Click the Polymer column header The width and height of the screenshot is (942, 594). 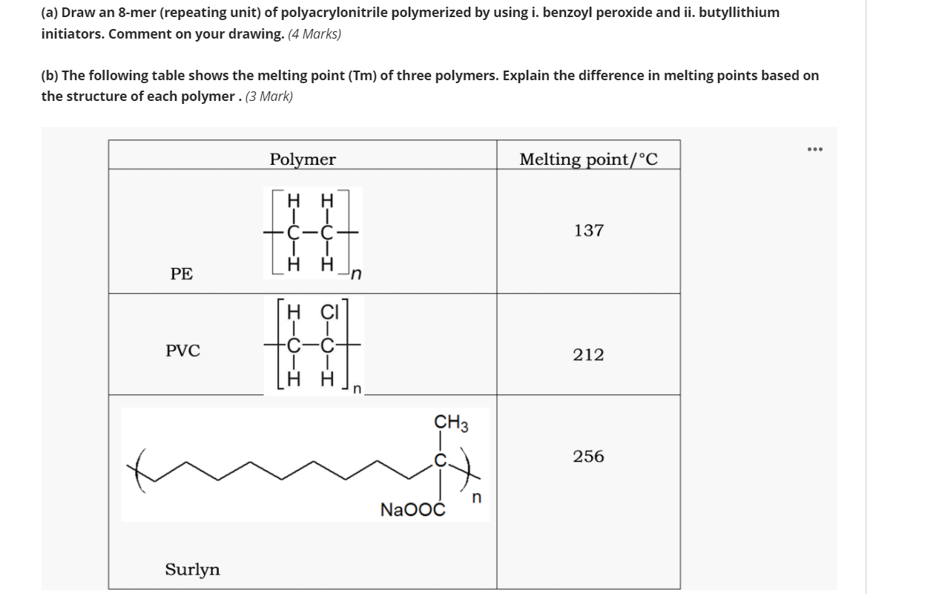303,160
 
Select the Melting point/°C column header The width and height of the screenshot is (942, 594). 588,160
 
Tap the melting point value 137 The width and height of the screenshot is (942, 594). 588,231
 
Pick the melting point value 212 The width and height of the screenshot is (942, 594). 588,355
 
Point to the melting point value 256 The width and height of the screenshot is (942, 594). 588,457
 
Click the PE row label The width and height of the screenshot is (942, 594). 181,274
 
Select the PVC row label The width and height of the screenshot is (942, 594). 182,350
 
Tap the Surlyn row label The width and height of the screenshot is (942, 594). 192,569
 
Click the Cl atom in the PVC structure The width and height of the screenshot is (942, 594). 329,310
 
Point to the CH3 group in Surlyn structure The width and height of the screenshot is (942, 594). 451,423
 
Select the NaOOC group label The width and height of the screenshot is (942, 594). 412,510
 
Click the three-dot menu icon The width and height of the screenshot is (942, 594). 815,148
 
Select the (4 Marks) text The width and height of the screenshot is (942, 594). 314,34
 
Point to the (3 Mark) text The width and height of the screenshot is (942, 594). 269,97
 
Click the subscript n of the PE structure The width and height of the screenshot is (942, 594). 356,275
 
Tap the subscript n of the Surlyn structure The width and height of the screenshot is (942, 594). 476,497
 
